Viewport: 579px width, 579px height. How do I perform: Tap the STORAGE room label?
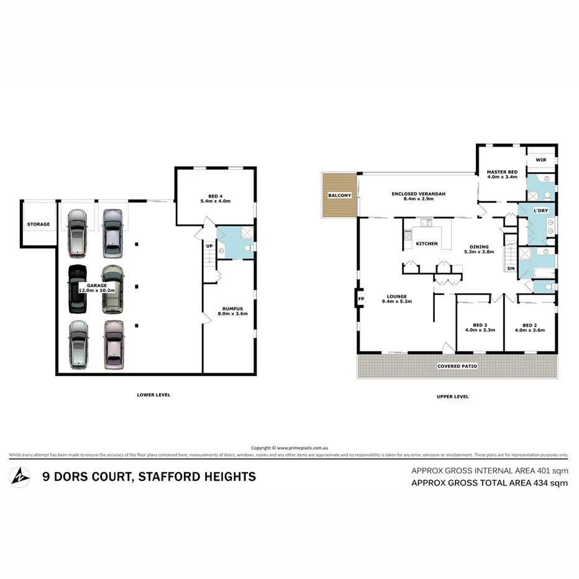point(38,224)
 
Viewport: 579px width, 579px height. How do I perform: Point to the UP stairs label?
point(209,246)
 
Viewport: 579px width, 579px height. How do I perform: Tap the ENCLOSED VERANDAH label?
point(418,194)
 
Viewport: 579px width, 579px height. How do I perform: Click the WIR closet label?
point(540,160)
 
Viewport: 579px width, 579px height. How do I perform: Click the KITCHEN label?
point(427,244)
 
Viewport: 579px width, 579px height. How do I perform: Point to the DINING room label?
point(479,247)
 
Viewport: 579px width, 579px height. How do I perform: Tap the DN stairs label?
point(511,268)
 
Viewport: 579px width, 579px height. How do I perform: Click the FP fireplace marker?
point(361,299)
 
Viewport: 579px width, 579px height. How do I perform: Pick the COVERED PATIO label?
point(457,367)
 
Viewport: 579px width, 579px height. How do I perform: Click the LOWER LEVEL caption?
point(153,394)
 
